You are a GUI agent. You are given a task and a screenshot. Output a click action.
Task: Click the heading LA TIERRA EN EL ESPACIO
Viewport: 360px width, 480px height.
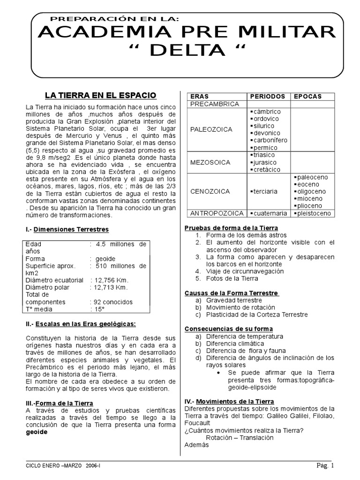100,95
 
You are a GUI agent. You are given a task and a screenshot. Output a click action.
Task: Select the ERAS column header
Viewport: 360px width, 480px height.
199,96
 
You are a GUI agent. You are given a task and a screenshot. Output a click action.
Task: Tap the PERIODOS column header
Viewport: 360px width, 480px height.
267,96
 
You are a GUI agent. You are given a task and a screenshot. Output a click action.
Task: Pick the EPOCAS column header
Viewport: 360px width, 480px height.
307,96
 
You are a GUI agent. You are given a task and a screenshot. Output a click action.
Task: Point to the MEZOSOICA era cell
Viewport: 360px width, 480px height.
210,162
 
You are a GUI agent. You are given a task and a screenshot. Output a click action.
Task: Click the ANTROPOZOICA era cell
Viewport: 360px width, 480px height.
216,213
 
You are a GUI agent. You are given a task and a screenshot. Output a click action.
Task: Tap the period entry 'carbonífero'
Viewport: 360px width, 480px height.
270,140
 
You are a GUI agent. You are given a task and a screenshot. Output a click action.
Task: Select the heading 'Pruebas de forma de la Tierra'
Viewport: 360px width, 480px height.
232,228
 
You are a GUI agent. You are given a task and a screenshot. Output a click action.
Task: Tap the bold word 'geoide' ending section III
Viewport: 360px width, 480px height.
37,432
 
